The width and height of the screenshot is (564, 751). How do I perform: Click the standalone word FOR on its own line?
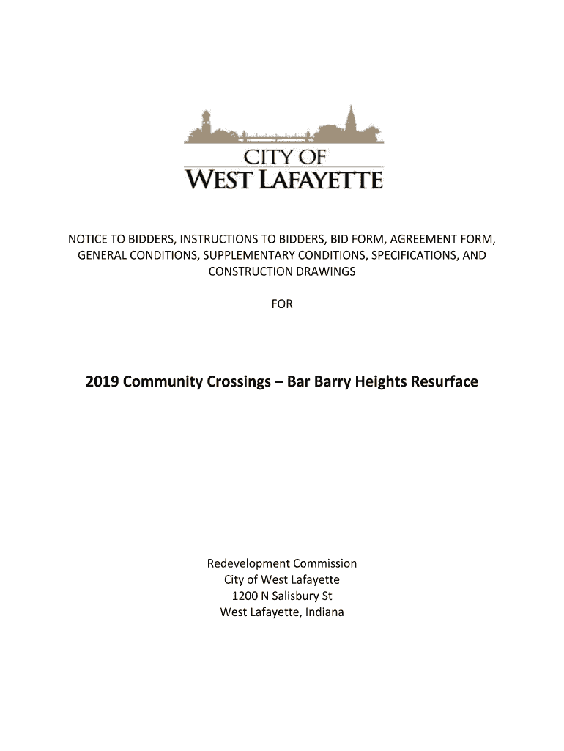tap(282, 304)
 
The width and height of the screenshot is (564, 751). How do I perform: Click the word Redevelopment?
tap(248, 564)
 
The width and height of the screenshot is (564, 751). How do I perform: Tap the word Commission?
tap(325, 564)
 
